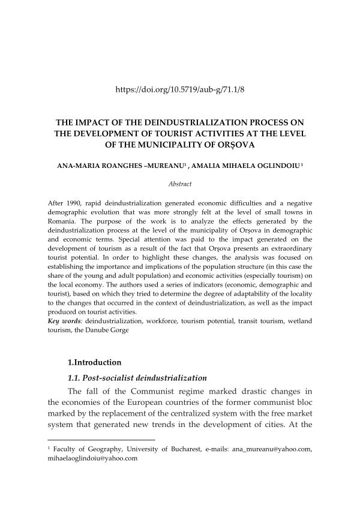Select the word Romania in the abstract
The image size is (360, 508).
60,222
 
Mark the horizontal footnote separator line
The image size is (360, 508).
101,440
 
